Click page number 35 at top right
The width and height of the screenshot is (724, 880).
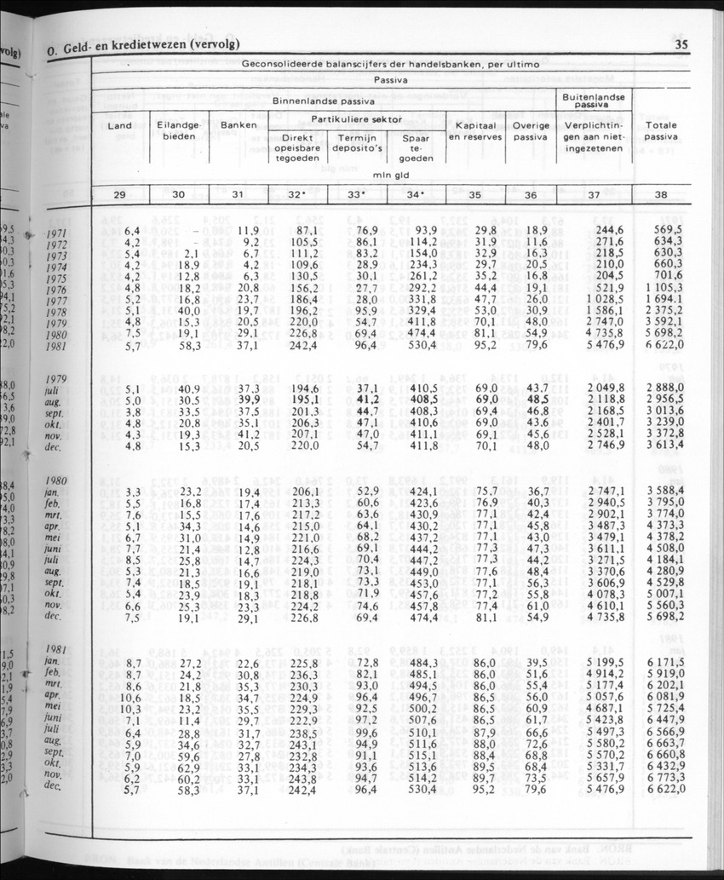pos(681,46)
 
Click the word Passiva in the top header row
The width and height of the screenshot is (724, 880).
pos(391,80)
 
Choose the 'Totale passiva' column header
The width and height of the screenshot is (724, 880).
pos(661,129)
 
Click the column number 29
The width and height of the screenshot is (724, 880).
pos(120,194)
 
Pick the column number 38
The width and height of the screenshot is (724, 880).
pos(661,194)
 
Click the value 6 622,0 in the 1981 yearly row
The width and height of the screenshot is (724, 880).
pos(661,347)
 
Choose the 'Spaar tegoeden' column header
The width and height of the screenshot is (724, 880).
pos(416,147)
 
